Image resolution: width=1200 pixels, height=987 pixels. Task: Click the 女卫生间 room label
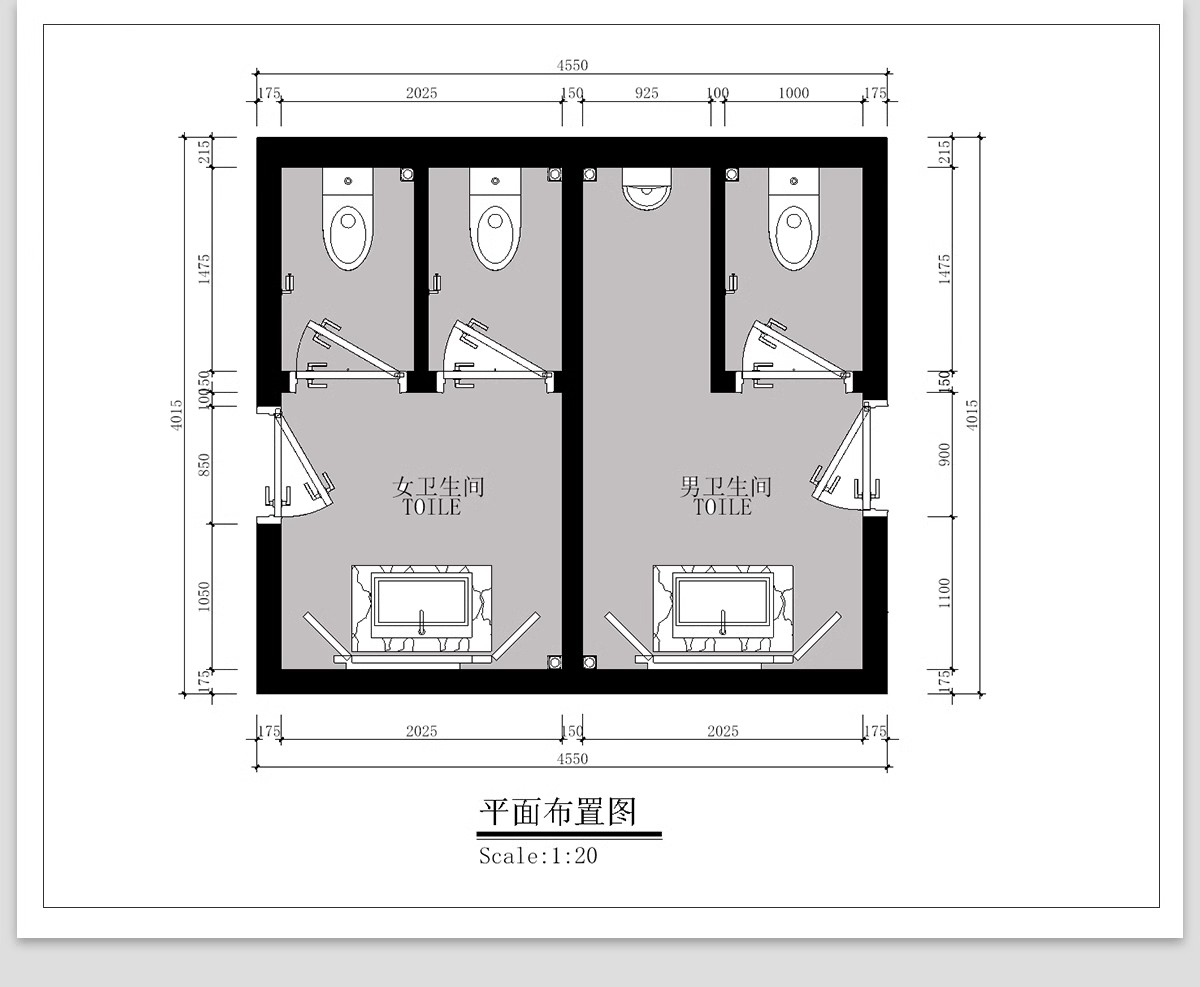(439, 488)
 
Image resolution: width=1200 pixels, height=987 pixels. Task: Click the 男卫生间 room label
(726, 488)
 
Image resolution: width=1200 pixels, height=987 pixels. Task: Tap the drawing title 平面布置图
(558, 811)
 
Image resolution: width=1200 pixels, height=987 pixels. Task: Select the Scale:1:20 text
(538, 856)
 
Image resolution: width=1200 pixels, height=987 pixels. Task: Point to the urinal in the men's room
(646, 188)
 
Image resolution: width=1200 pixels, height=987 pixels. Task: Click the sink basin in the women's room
(420, 606)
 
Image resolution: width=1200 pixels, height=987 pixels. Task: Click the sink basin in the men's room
(722, 606)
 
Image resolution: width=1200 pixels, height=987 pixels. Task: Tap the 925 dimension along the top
(647, 93)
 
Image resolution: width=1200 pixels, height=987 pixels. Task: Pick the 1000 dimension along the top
(793, 93)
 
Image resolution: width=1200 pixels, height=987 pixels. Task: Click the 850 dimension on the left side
(204, 465)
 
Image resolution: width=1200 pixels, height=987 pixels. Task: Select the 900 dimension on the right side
(945, 454)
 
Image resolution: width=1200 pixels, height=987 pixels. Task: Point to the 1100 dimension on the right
(945, 593)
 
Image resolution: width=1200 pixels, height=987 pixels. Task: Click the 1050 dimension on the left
(204, 597)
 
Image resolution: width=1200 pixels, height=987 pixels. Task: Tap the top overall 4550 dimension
(572, 65)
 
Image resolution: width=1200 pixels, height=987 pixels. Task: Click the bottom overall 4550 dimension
(572, 759)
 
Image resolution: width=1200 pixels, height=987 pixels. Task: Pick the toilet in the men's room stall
(793, 220)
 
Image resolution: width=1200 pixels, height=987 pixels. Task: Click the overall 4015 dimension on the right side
(973, 414)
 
